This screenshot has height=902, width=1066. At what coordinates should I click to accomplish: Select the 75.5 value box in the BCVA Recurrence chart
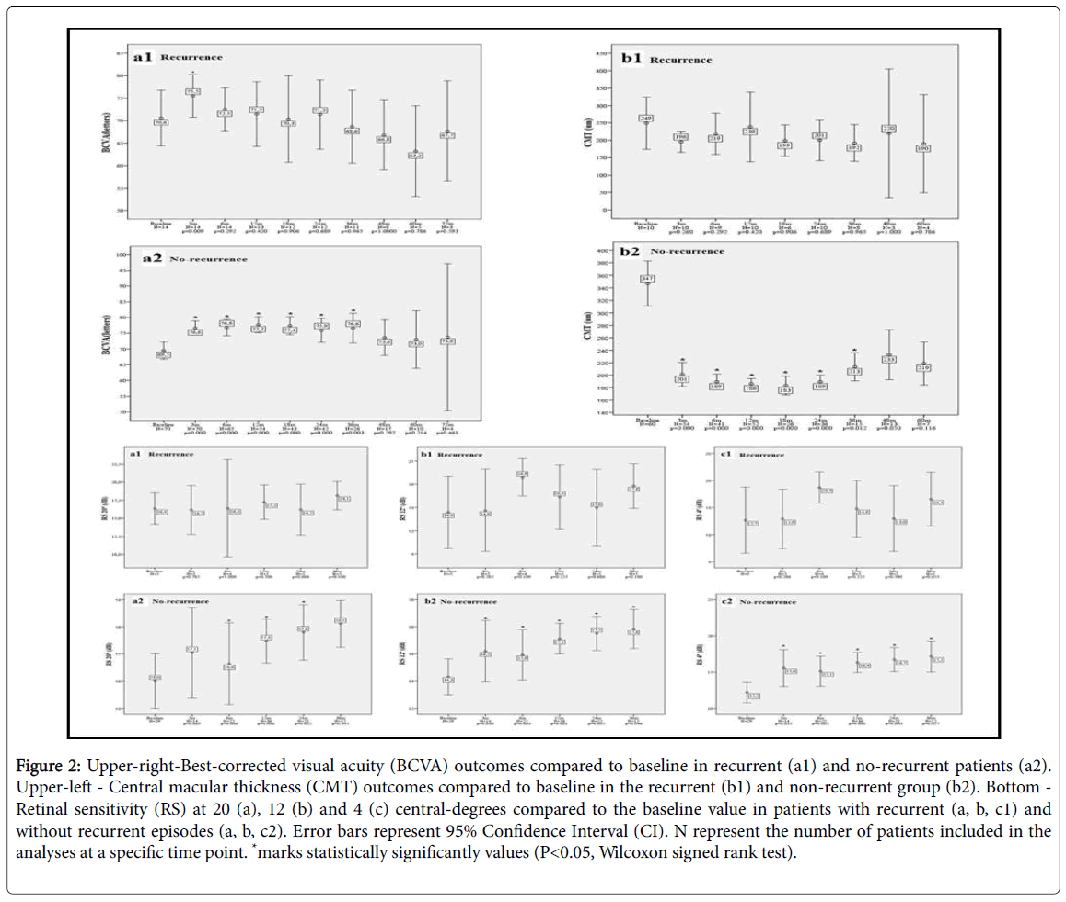(192, 92)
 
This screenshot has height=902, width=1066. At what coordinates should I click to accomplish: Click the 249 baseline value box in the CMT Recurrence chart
(645, 119)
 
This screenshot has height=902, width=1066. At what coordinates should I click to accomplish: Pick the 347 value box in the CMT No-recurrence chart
(647, 278)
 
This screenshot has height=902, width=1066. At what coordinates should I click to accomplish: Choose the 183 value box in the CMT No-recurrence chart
(786, 390)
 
